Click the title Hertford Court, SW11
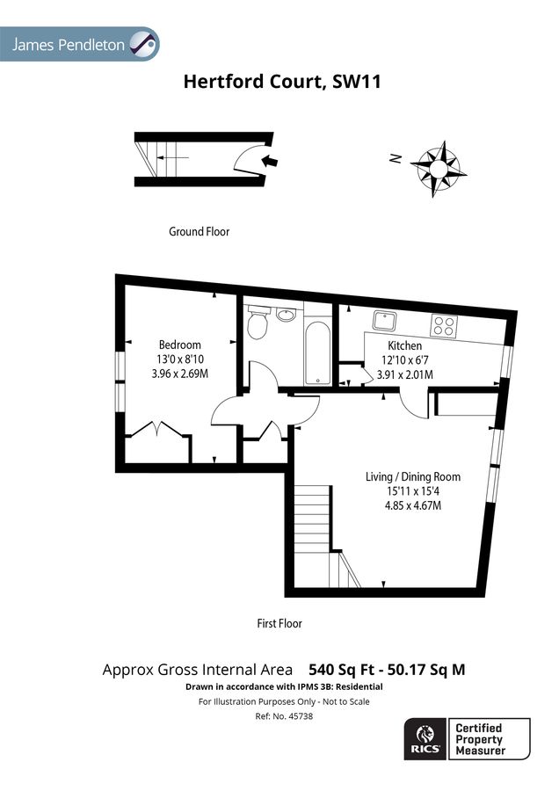pyautogui.click(x=281, y=82)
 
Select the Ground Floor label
pyautogui.click(x=199, y=232)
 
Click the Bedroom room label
pyautogui.click(x=179, y=345)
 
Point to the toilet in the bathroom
pyautogui.click(x=258, y=323)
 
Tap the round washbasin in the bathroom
pyautogui.click(x=286, y=314)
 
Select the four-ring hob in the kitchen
pyautogui.click(x=444, y=325)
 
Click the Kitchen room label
pyautogui.click(x=405, y=346)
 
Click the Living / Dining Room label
pyautogui.click(x=412, y=477)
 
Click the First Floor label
pyautogui.click(x=279, y=623)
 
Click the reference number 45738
pyautogui.click(x=279, y=716)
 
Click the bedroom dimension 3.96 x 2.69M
pyautogui.click(x=179, y=374)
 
